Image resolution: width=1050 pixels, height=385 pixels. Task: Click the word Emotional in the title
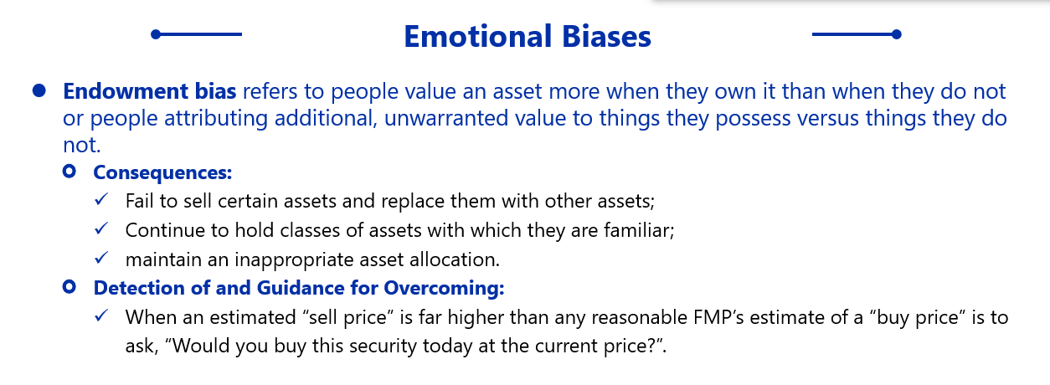(477, 37)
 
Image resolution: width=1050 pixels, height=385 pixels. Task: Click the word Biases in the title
(606, 37)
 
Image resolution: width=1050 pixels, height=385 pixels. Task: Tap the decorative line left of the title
(197, 34)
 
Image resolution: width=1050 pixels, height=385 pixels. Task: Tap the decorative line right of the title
(857, 34)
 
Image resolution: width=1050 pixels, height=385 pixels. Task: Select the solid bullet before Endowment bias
(39, 91)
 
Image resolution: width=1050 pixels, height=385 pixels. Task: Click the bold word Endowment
(126, 91)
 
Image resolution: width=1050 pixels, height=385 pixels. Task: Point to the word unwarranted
(446, 118)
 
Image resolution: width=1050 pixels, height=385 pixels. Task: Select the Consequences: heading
(162, 172)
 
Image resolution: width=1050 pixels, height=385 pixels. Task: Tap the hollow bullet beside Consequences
(69, 172)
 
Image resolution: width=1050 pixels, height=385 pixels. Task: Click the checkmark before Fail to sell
(101, 199)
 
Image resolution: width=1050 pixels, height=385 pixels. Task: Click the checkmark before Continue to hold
(101, 228)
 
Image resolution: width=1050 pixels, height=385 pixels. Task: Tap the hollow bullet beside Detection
(69, 286)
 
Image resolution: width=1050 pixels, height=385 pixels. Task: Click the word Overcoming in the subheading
(444, 288)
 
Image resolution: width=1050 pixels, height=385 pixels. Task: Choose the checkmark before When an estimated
(101, 316)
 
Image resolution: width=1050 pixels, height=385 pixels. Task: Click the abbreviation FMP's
(718, 317)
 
